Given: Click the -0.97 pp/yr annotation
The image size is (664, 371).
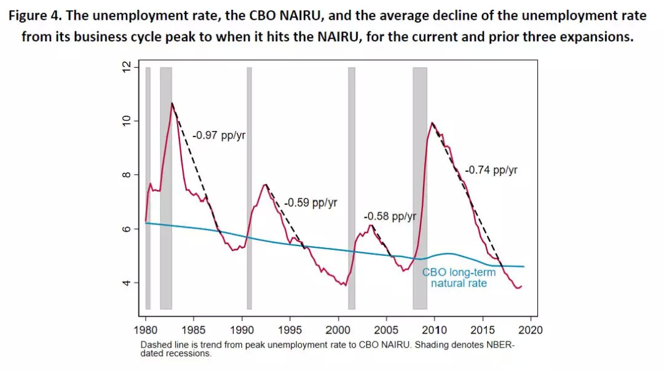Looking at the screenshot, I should coord(219,135).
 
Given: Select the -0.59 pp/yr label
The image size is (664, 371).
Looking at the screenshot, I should coord(310,202).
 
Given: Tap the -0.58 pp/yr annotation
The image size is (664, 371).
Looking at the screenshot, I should coord(390,217).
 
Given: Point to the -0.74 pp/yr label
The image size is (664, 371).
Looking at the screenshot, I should coord(491,170).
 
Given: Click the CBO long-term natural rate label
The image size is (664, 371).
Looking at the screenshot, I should coord(459,277).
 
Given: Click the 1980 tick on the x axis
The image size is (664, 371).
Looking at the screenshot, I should coord(146,329).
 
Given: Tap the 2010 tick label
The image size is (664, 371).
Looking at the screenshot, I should coord(435,329).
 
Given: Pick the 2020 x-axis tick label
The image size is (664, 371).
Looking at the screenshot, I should coord(531,329).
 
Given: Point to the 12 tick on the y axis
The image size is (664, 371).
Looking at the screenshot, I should coord(127,67).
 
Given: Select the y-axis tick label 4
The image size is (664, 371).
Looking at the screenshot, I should coord(127,283).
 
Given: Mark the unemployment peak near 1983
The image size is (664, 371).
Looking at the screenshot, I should coord(172,103).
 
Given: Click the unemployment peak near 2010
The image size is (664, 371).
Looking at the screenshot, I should coord(432,123).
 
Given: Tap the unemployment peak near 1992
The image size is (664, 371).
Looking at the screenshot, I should coord(265,185).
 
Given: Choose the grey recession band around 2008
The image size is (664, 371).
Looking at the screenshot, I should coord(420,188).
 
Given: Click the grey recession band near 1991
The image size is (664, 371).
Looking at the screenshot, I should coord(249,188).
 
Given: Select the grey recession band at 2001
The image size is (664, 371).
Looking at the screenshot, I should coord(352,188).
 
